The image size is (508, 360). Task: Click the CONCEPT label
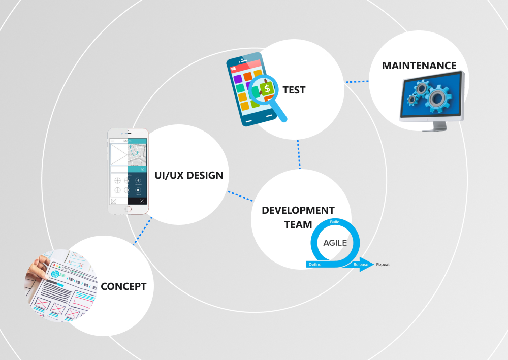click(x=123, y=286)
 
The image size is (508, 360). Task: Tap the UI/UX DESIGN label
click(x=188, y=176)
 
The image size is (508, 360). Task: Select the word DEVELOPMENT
click(x=298, y=210)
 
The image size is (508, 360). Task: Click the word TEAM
click(x=298, y=224)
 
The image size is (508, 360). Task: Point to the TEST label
click(x=294, y=90)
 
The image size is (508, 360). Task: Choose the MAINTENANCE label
click(x=419, y=66)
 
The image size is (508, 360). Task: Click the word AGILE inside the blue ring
click(x=335, y=243)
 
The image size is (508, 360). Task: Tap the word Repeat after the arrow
click(x=383, y=265)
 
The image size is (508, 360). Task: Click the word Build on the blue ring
click(x=335, y=222)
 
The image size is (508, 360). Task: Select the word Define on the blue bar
click(x=315, y=265)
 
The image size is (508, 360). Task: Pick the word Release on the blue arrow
click(x=361, y=265)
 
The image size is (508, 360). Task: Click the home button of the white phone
click(x=128, y=208)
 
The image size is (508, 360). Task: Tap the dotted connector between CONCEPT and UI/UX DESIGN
click(x=143, y=232)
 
